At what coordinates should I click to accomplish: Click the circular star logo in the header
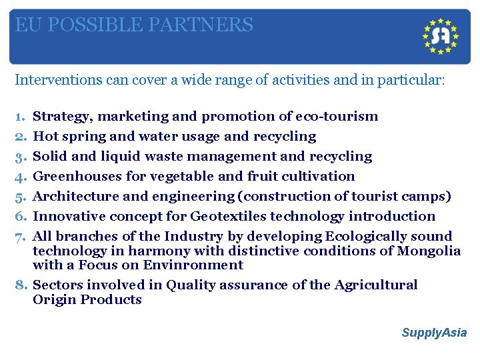click(441, 36)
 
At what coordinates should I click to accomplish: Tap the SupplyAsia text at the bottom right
click(434, 333)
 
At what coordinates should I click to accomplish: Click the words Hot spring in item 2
click(63, 137)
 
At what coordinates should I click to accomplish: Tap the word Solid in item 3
click(49, 157)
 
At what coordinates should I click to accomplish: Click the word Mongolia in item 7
click(429, 251)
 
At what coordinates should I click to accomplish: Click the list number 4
click(19, 177)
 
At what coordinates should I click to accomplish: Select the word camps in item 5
click(424, 197)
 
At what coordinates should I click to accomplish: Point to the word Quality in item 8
click(191, 285)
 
